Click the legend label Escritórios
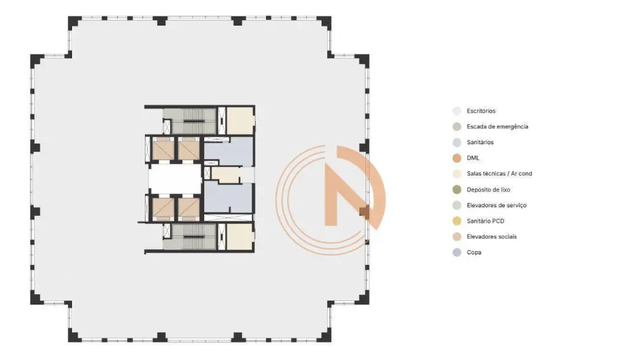pyautogui.click(x=481, y=111)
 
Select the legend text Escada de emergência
pyautogui.click(x=498, y=127)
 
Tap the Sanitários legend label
pyautogui.click(x=480, y=142)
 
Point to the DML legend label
pyautogui.click(x=473, y=158)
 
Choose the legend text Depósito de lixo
pyautogui.click(x=488, y=190)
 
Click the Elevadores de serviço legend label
pyautogui.click(x=496, y=205)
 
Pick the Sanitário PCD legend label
pyautogui.click(x=485, y=221)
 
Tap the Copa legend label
pyautogui.click(x=474, y=252)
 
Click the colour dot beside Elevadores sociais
pyautogui.click(x=457, y=237)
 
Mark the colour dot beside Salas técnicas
pyautogui.click(x=457, y=174)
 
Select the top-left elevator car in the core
pyautogui.click(x=163, y=149)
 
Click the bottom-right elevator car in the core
pyautogui.click(x=188, y=209)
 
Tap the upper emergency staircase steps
pyautogui.click(x=194, y=121)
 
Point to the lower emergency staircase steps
pyautogui.click(x=194, y=237)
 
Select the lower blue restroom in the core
pyautogui.click(x=229, y=198)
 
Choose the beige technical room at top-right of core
pyautogui.click(x=240, y=120)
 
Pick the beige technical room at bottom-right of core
pyautogui.click(x=240, y=237)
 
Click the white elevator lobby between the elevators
pyautogui.click(x=175, y=179)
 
